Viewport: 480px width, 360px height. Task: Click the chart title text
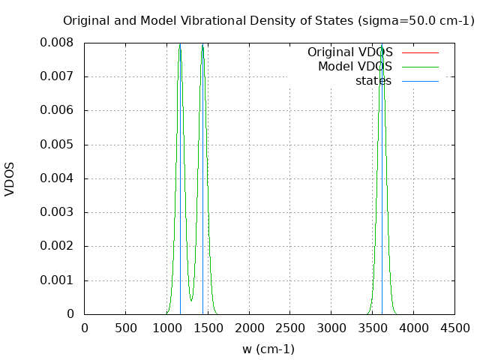[268, 20]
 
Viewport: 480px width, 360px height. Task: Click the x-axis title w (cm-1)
[268, 349]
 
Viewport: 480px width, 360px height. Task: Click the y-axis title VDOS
[10, 178]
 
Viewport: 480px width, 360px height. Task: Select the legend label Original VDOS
[349, 52]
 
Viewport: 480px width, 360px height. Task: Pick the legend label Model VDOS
[355, 67]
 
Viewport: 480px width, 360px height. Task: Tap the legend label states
[373, 80]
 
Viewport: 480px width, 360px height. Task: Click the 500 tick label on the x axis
[125, 328]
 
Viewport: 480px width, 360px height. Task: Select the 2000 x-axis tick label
[249, 328]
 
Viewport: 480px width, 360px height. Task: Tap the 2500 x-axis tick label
[290, 328]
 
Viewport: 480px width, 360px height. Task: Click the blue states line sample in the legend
[420, 80]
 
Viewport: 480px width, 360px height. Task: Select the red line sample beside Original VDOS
[420, 52]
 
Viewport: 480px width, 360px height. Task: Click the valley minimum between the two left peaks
[191, 300]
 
